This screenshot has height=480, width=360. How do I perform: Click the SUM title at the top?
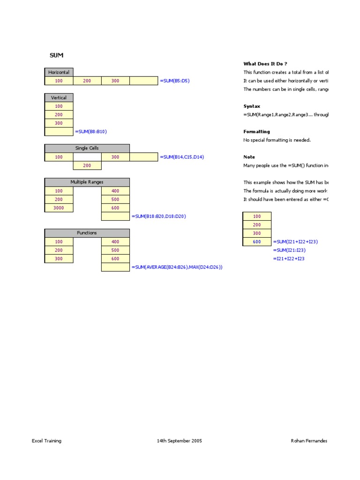coord(56,55)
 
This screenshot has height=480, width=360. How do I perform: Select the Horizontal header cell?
coord(59,72)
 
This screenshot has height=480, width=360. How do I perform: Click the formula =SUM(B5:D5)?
coord(175,81)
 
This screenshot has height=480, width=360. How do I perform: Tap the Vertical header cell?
coord(59,97)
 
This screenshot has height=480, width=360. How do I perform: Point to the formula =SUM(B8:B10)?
coord(94,132)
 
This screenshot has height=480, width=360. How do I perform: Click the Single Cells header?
coord(87,148)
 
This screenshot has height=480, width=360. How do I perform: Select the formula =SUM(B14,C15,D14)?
coord(182,157)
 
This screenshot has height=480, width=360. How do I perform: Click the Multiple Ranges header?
coord(87,182)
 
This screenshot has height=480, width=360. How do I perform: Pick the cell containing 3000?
coord(59,208)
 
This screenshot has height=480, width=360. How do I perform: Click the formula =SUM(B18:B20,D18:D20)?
coord(159,216)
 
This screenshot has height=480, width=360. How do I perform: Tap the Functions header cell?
coord(87,233)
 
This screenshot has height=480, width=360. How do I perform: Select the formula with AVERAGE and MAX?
coord(177,267)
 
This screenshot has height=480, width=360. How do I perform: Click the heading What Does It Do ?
coord(265,64)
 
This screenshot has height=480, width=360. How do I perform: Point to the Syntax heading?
coord(252,106)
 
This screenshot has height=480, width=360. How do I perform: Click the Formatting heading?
coord(256,132)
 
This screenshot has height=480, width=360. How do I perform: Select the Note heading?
coord(249,157)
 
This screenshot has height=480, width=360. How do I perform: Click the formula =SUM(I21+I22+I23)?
coord(295,241)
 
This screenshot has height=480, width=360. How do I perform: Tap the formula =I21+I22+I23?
coord(288,258)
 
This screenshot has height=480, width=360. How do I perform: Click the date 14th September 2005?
coord(180,441)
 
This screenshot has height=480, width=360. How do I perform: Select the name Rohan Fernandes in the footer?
coord(309,441)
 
